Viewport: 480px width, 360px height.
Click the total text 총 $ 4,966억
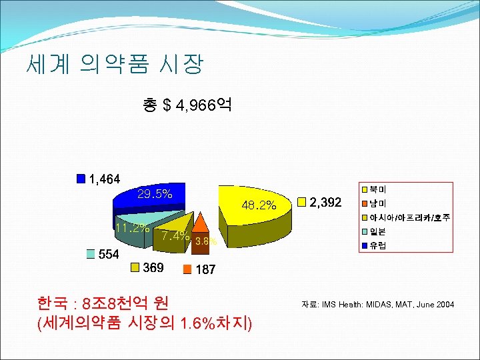(187, 105)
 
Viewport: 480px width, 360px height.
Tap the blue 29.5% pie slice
(150, 196)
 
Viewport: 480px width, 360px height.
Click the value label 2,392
(326, 201)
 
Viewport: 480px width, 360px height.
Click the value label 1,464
(104, 179)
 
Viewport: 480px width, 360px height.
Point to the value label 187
(205, 270)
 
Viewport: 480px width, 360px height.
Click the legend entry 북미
(377, 190)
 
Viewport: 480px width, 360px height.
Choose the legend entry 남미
(377, 203)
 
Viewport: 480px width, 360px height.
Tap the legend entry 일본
(377, 231)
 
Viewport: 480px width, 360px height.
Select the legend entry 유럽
(377, 245)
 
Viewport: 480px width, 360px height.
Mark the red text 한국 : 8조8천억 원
(103, 305)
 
